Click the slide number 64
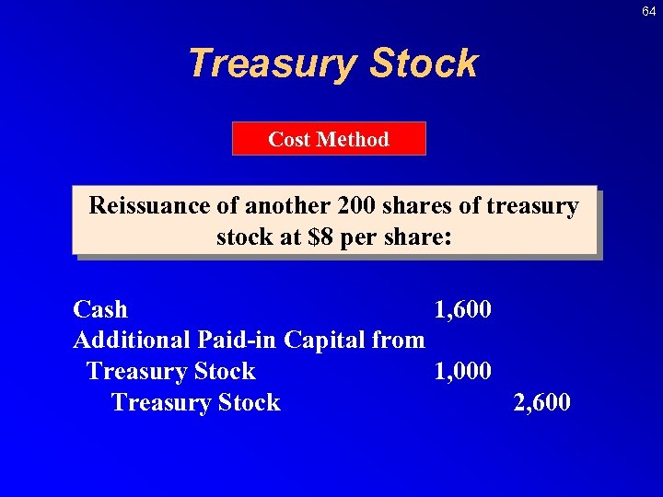[649, 11]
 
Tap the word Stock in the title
[424, 64]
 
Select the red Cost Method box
[329, 139]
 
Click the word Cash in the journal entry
[100, 309]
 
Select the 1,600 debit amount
[462, 309]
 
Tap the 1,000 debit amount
[462, 371]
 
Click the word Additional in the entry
[133, 341]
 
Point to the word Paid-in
[238, 341]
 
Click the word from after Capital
[399, 341]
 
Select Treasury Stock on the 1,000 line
[170, 371]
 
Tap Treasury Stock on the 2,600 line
[195, 402]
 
